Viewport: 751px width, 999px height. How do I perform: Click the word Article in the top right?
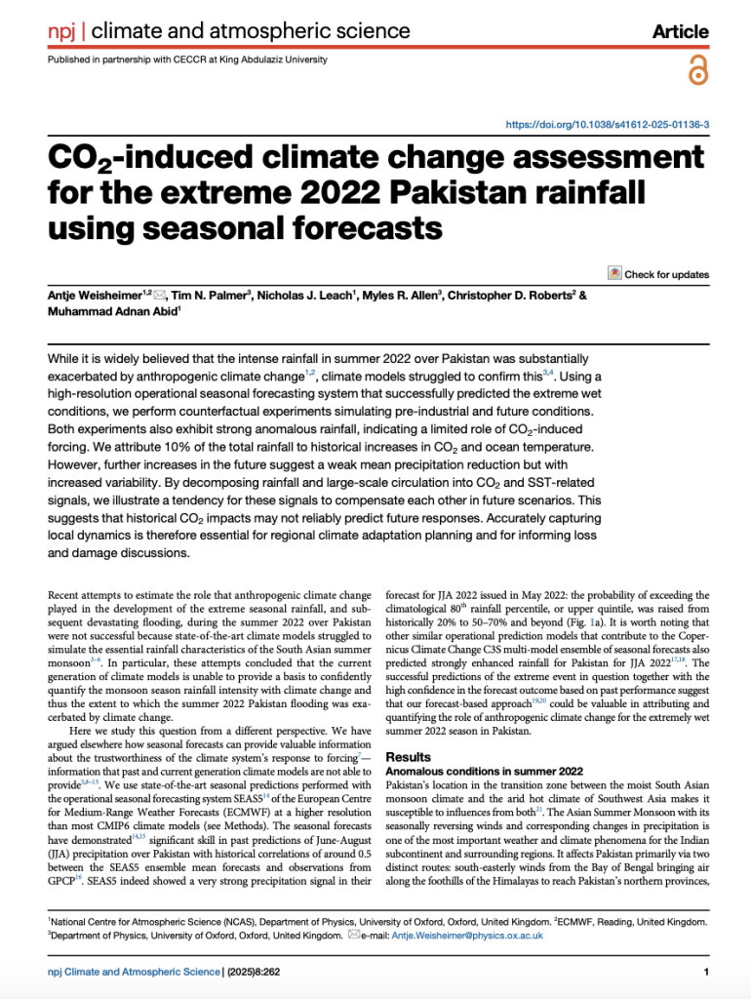pos(680,31)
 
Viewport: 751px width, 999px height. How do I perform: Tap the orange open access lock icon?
pos(696,69)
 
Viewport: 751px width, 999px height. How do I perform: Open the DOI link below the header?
pos(607,125)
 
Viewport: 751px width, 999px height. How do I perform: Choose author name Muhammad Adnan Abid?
pos(113,313)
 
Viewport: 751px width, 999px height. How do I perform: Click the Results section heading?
pos(411,756)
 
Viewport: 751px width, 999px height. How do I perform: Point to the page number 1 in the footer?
pos(704,972)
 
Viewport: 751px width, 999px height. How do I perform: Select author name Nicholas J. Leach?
pos(305,296)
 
